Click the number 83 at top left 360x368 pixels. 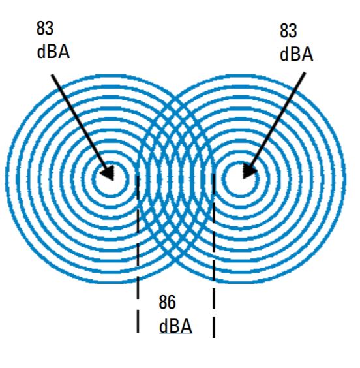coord(45,28)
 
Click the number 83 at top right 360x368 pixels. coord(288,31)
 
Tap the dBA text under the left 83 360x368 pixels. coord(53,52)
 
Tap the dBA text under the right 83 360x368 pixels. coord(297,54)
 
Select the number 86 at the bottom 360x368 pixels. coord(167,302)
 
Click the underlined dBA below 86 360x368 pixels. coord(175,326)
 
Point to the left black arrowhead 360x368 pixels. coord(108,173)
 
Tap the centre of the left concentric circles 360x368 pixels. coord(111,179)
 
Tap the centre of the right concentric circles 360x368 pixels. coord(241,179)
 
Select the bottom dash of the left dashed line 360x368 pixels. coord(138,321)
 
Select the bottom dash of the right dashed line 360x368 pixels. coord(214,328)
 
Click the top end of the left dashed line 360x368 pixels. coord(138,176)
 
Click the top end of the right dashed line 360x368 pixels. coord(214,174)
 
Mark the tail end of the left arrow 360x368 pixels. coord(52,75)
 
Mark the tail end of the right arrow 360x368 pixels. coord(305,73)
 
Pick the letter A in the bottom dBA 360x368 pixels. coord(187,327)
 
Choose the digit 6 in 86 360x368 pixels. coord(172,302)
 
